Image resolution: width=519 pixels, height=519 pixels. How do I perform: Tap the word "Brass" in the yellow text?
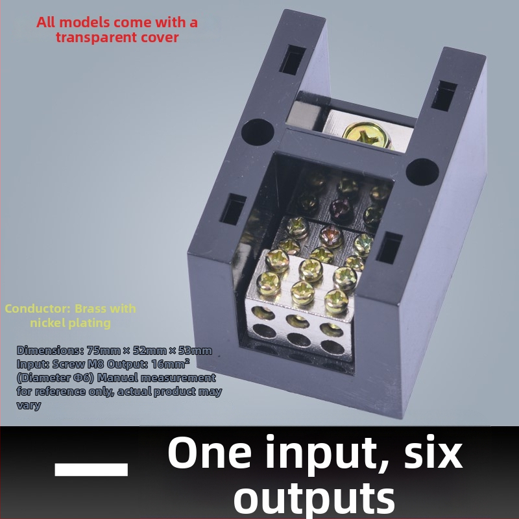click(x=90, y=309)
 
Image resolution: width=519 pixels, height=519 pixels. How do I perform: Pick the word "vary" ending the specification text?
click(x=29, y=405)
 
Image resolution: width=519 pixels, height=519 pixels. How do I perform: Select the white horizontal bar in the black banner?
click(x=91, y=469)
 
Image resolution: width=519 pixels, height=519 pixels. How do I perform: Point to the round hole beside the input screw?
click(x=258, y=132)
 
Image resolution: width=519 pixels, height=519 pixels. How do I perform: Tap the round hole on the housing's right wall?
click(x=422, y=172)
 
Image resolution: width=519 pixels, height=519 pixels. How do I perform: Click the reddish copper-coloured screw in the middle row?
click(x=332, y=235)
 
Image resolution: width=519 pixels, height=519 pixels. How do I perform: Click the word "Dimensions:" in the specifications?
click(x=50, y=350)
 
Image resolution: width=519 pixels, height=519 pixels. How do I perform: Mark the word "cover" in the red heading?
click(x=160, y=38)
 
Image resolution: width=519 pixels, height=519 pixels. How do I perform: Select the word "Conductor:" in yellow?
click(x=38, y=309)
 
